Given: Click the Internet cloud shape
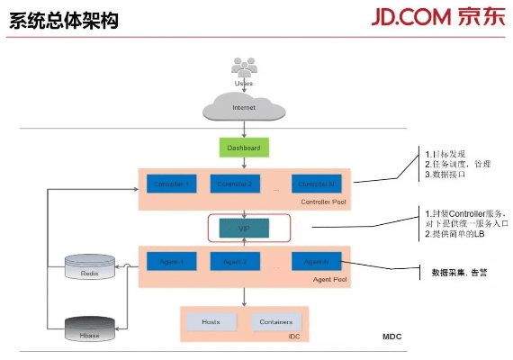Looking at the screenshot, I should tap(244, 107).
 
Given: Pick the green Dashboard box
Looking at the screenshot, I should tap(244, 148).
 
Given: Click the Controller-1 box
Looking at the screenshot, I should tap(171, 184).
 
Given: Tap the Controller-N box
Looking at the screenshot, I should tap(315, 184).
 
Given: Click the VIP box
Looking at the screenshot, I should tap(244, 229).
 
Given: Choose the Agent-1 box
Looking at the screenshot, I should tap(171, 263).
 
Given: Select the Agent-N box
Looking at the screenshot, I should tap(315, 263).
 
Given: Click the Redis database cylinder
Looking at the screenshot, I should tap(91, 267).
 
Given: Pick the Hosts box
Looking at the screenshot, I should tap(211, 321).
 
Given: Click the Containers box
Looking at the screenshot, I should tap(275, 321).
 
